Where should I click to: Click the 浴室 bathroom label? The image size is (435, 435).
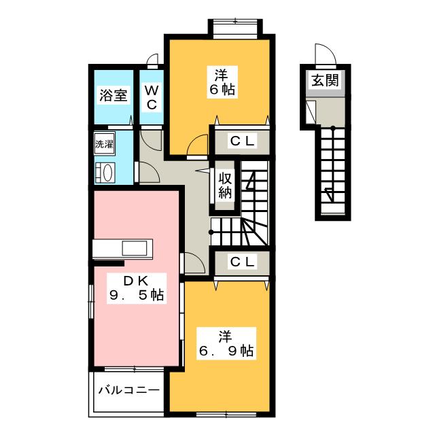pyautogui.click(x=114, y=95)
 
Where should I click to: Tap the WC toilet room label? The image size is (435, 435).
pyautogui.click(x=152, y=97)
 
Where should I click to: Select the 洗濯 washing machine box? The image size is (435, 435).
pyautogui.click(x=104, y=144)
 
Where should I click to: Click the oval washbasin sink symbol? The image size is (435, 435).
pyautogui.click(x=105, y=172)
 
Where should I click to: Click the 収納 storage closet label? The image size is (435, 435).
pyautogui.click(x=226, y=184)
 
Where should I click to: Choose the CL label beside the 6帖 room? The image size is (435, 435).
pyautogui.click(x=241, y=141)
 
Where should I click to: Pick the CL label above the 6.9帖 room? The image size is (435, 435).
pyautogui.click(x=241, y=262)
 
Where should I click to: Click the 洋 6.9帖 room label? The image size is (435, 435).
pyautogui.click(x=226, y=343)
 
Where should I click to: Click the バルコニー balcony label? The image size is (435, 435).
pyautogui.click(x=129, y=391)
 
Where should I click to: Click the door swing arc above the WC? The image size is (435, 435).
pyautogui.click(x=153, y=60)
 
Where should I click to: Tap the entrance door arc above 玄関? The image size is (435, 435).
pyautogui.click(x=323, y=54)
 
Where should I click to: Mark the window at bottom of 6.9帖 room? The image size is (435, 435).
pyautogui.click(x=224, y=413)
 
